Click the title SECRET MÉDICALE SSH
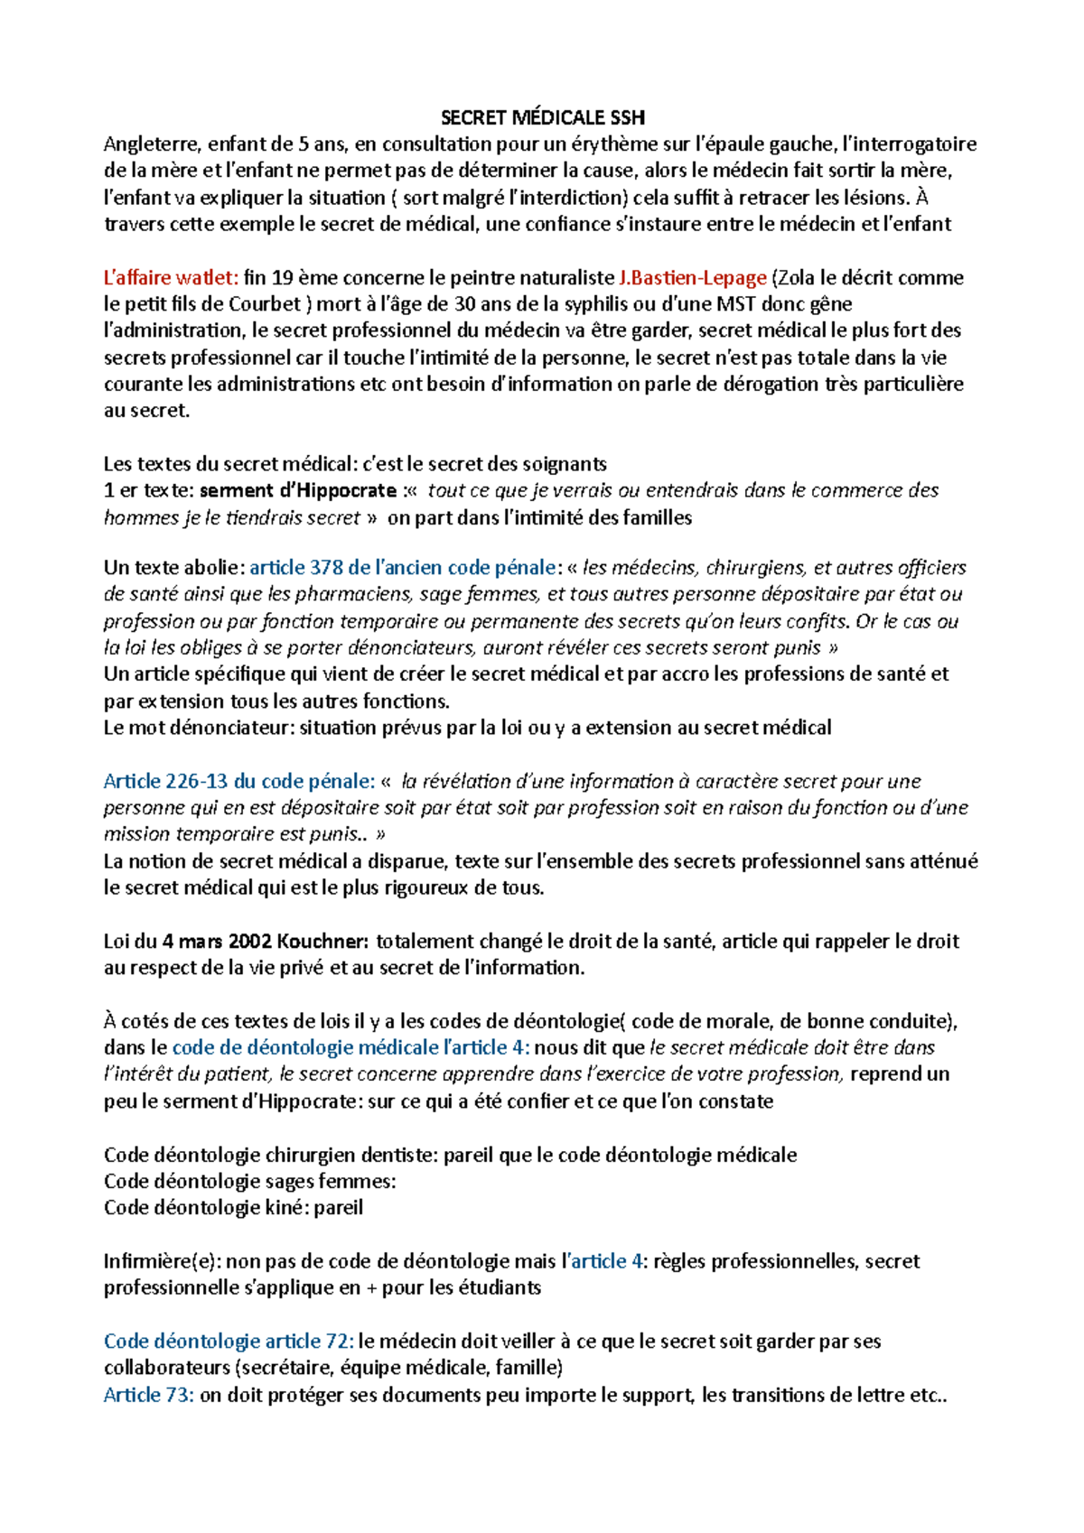542,117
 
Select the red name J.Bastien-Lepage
692,278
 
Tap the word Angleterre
147,144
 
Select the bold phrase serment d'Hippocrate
298,491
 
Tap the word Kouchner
322,942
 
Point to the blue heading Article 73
148,1395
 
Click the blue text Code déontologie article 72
228,1342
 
